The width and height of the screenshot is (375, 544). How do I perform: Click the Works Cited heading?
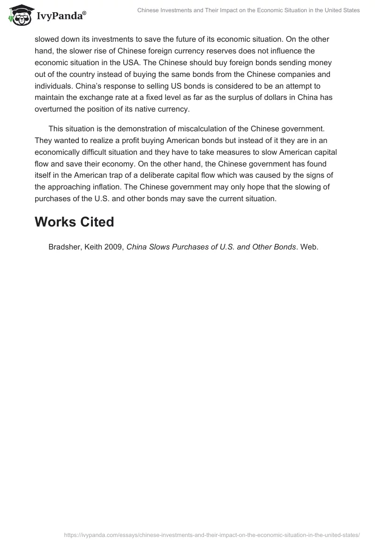pyautogui.click(x=74, y=222)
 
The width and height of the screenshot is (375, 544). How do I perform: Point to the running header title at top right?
pyautogui.click(x=248, y=10)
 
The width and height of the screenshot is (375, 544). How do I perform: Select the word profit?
pyautogui.click(x=130, y=140)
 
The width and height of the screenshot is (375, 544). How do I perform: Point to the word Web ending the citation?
pyautogui.click(x=308, y=247)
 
